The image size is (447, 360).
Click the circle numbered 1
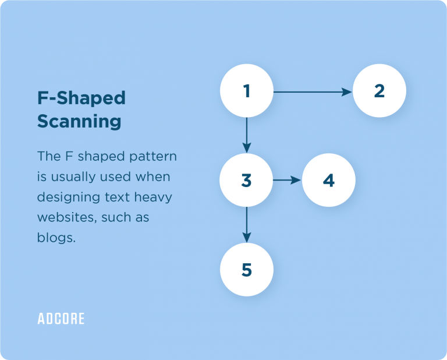pyautogui.click(x=247, y=91)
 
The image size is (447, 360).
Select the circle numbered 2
pyautogui.click(x=379, y=91)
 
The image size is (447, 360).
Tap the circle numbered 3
pyautogui.click(x=246, y=180)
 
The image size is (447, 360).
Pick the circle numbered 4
pyautogui.click(x=329, y=180)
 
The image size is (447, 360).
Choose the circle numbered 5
pyautogui.click(x=247, y=270)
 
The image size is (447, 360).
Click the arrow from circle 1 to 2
pyautogui.click(x=313, y=92)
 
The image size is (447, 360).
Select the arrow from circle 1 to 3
pyautogui.click(x=247, y=135)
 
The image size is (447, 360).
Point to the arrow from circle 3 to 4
pyautogui.click(x=287, y=180)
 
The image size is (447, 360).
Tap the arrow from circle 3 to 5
pyautogui.click(x=247, y=225)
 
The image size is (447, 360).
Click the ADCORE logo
pyautogui.click(x=61, y=319)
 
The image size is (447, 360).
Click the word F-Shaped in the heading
pyautogui.click(x=81, y=98)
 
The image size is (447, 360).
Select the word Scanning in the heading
pyautogui.click(x=79, y=121)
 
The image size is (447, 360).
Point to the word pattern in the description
pyautogui.click(x=153, y=157)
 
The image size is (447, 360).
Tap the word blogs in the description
pyautogui.click(x=56, y=237)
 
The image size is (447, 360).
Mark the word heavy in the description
pyautogui.click(x=153, y=197)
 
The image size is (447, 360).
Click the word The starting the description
pyautogui.click(x=49, y=156)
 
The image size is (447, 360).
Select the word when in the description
pyautogui.click(x=153, y=177)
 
